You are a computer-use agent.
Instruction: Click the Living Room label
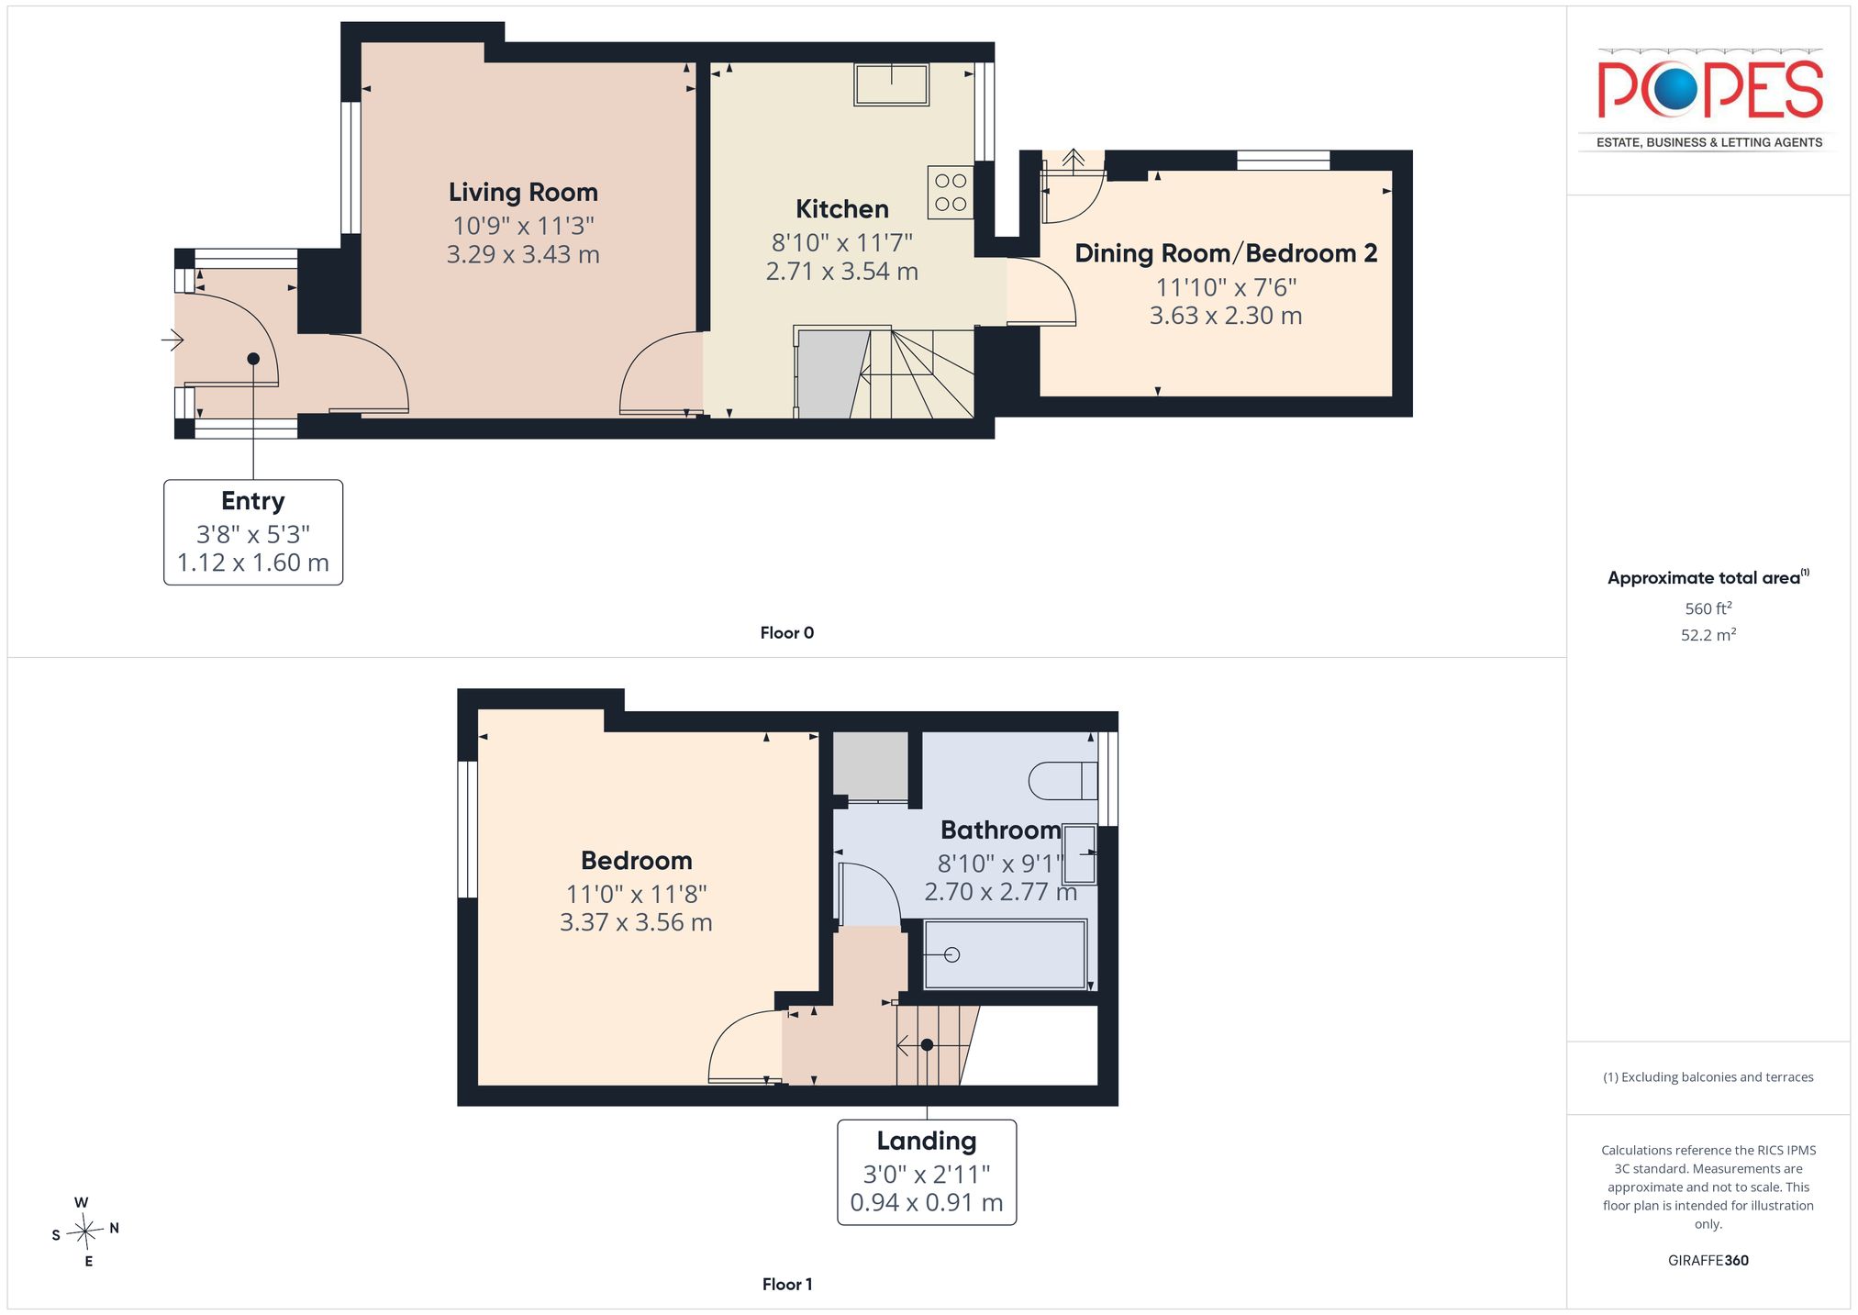[523, 193]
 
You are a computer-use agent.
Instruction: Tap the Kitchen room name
[842, 209]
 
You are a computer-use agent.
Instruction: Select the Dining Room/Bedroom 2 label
[1226, 253]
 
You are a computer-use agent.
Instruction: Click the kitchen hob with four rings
[951, 192]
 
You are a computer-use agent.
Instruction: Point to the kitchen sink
[891, 84]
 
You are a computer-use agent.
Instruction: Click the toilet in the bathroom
[1063, 781]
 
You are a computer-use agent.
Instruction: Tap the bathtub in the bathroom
[1005, 954]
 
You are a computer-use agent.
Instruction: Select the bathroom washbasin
[1080, 853]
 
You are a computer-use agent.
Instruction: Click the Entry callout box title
[253, 501]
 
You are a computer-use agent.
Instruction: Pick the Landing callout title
[927, 1141]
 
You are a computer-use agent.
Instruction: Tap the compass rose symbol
[85, 1231]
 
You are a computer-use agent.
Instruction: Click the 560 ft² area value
[1708, 608]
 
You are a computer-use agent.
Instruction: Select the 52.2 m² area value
[1708, 635]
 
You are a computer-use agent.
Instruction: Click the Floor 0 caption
[787, 633]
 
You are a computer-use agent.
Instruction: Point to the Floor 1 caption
[787, 1285]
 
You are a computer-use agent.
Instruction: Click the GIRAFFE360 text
[1708, 1261]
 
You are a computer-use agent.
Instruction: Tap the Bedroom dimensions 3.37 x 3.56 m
[636, 922]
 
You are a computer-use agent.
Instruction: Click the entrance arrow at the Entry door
[172, 340]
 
